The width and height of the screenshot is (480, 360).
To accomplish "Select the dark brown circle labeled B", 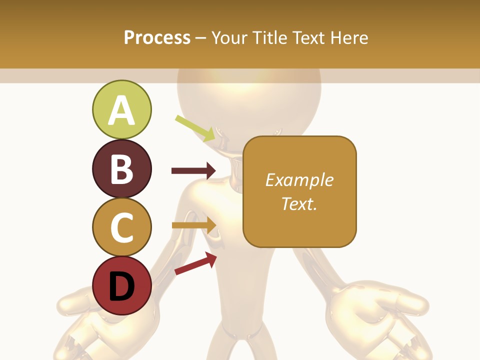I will pyautogui.click(x=121, y=168).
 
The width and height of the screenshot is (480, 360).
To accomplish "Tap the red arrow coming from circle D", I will pyautogui.click(x=195, y=263).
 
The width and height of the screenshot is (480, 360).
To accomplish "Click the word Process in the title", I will pyautogui.click(x=157, y=37).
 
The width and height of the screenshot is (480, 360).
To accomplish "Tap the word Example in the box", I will pyautogui.click(x=299, y=180).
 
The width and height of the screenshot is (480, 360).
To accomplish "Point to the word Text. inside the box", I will pyautogui.click(x=299, y=203).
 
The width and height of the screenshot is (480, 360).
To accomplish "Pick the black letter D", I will pyautogui.click(x=121, y=286).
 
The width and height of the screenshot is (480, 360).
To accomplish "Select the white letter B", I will pyautogui.click(x=121, y=169).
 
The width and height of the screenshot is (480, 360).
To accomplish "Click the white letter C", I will pyautogui.click(x=121, y=227).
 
